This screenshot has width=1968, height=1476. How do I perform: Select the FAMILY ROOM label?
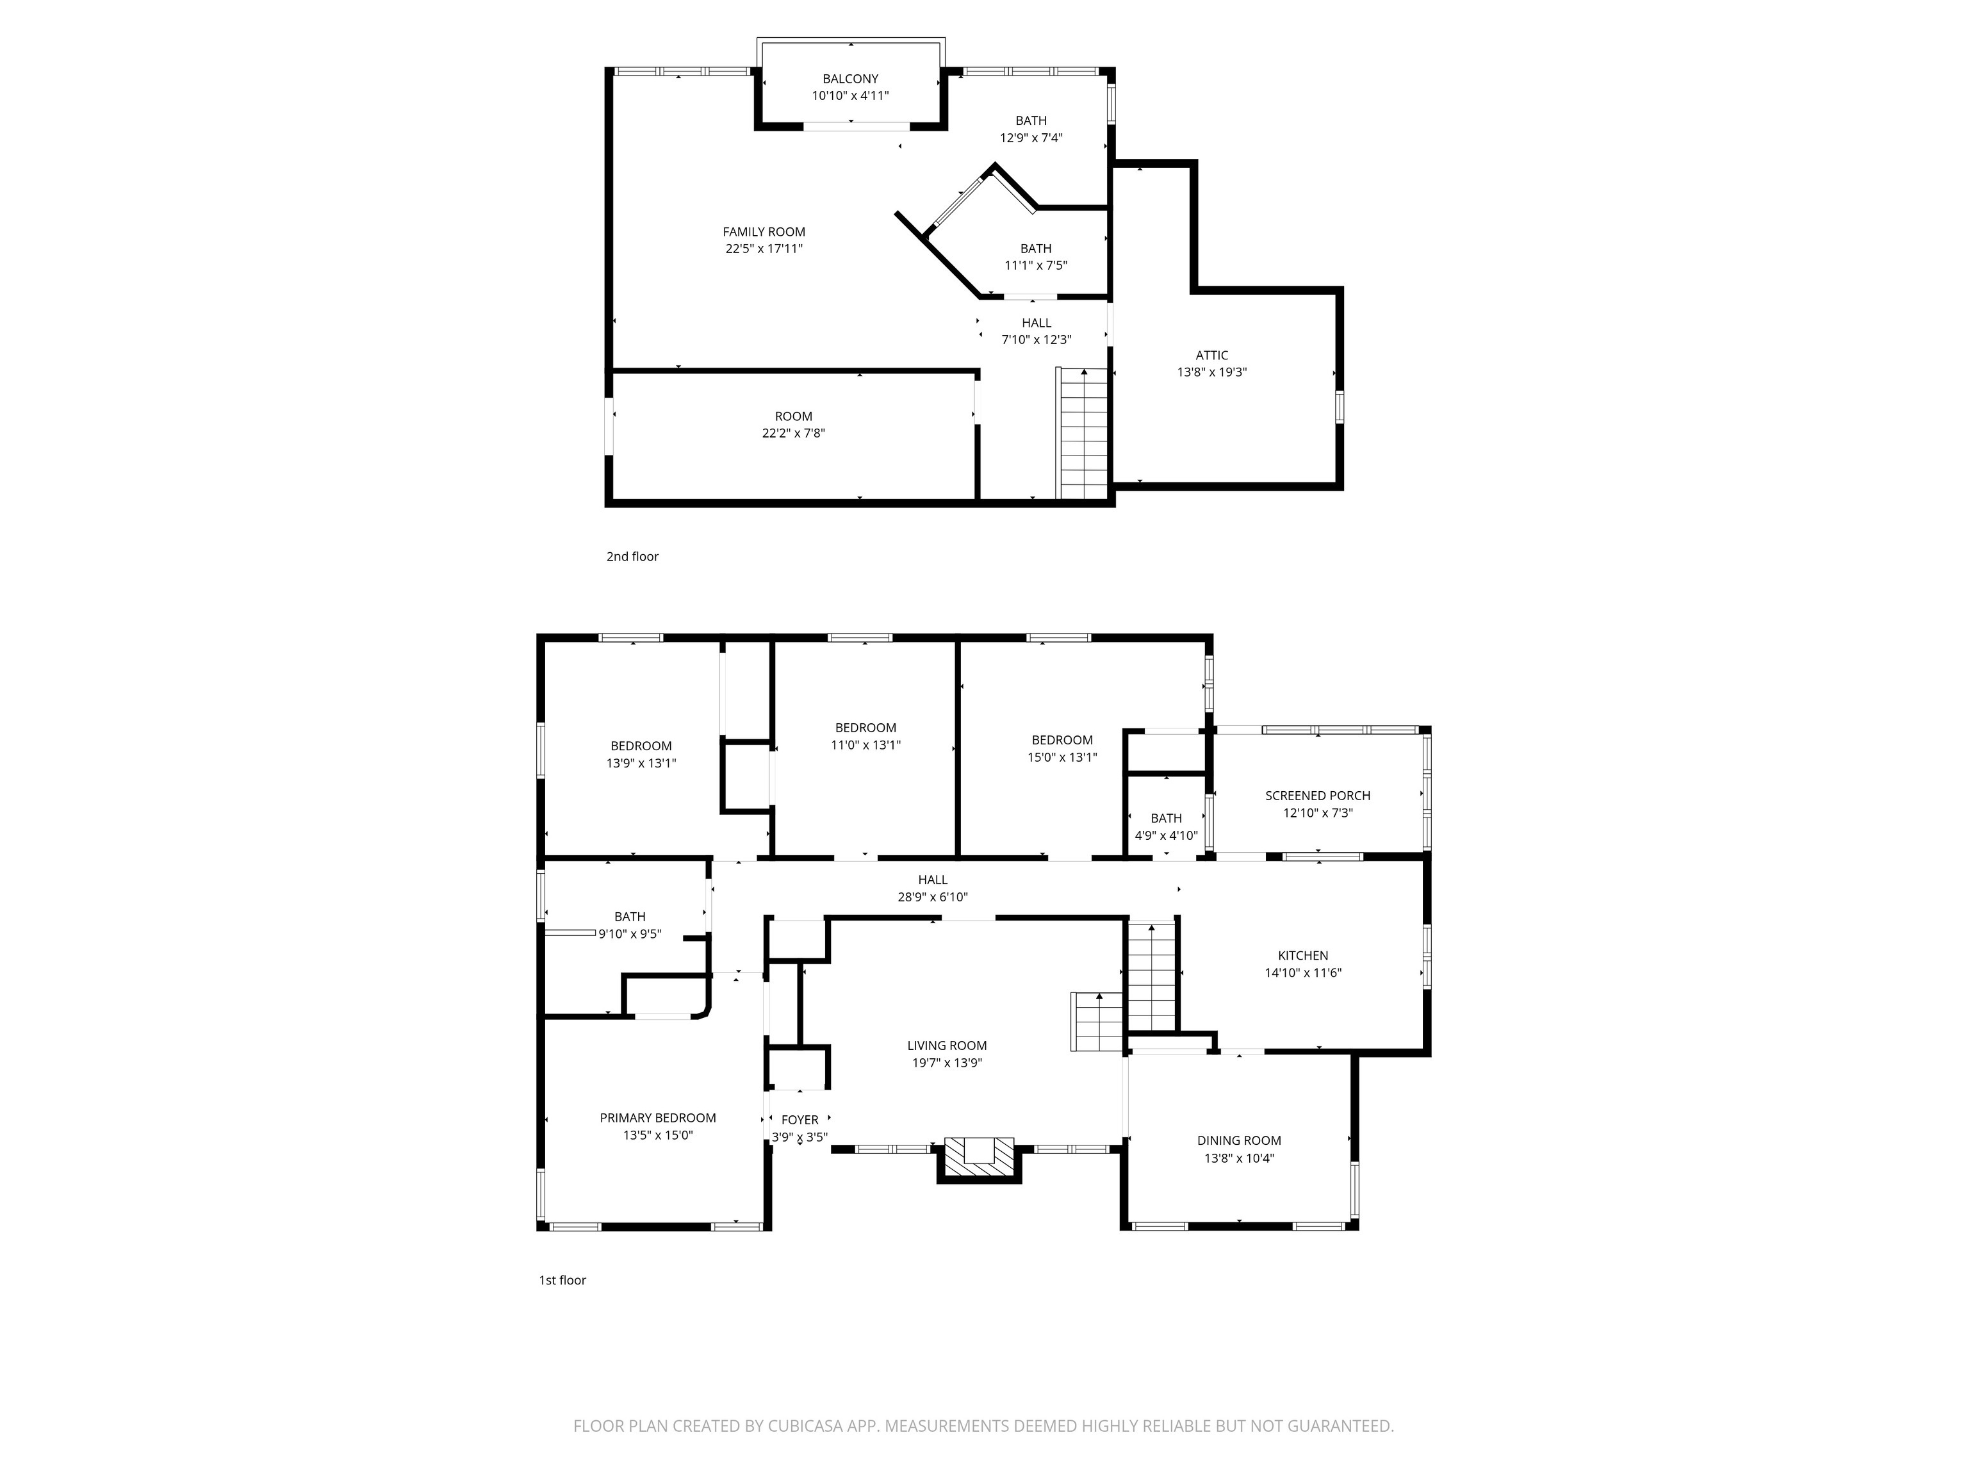coord(764,232)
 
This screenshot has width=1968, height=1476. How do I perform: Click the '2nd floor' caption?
coord(632,556)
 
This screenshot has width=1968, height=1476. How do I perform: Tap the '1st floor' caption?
coord(562,1279)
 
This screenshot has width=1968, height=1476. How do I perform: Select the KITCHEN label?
coord(1302,956)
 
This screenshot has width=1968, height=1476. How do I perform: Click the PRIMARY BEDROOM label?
coord(657,1117)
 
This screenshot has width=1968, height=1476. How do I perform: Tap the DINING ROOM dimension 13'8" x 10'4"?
coord(1238,1158)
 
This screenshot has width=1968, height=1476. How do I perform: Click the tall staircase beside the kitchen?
coord(1151,977)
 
